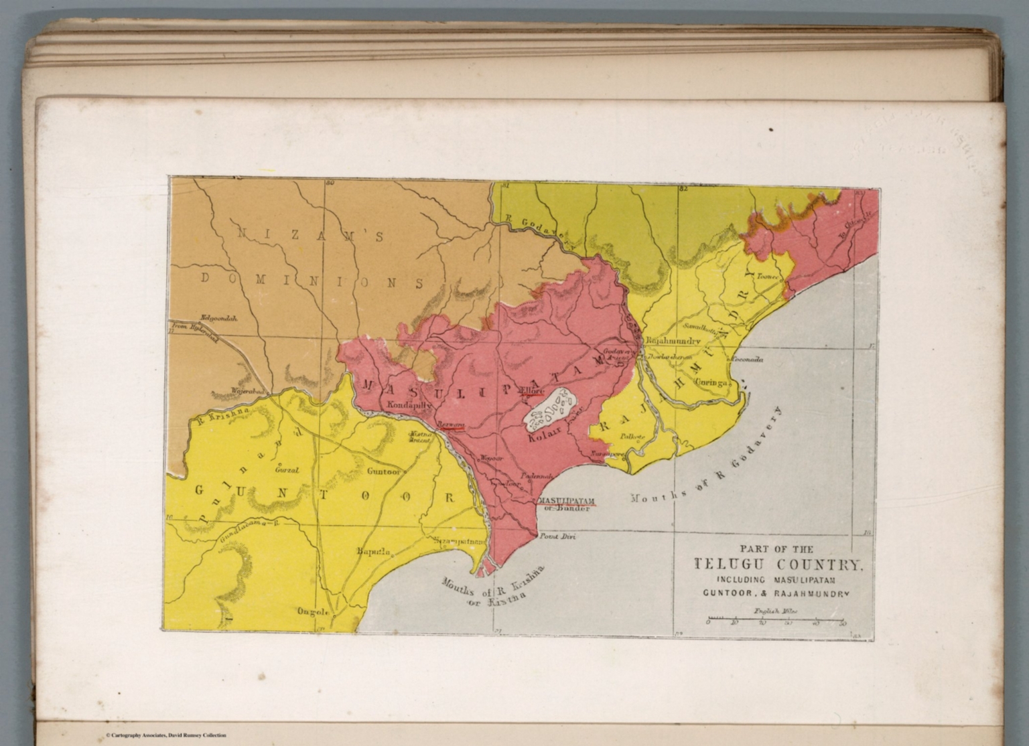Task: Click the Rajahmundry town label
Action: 673,341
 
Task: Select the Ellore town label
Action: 534,391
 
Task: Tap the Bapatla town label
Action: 374,552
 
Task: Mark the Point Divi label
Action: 558,536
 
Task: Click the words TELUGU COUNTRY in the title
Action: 778,564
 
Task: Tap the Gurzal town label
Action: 287,469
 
